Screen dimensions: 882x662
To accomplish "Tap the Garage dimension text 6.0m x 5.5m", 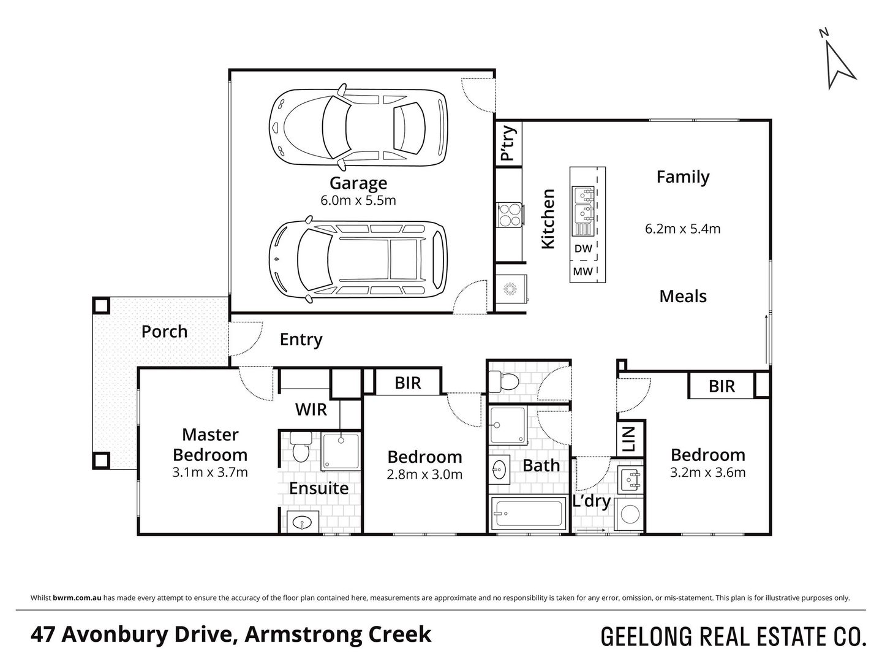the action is pos(358,200).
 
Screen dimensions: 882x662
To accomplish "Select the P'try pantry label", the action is pos(508,143).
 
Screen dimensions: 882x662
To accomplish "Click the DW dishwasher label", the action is pos(583,248).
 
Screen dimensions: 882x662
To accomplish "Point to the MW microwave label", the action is pos(582,272).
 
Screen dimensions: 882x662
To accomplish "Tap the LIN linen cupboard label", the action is pos(628,438).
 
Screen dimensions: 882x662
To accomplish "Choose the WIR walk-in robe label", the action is pos(311,409).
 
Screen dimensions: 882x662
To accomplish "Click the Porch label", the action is pos(164,332).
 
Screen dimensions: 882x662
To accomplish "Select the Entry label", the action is pos(301,340).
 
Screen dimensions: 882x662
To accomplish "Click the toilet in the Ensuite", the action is pos(301,447).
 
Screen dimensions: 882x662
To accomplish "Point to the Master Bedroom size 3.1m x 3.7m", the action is pos(209,472).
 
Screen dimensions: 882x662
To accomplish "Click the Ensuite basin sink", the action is pos(303,522).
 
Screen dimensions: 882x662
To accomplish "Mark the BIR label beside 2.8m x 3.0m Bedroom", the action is pos(408,384).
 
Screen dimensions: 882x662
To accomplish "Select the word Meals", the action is pos(683,297).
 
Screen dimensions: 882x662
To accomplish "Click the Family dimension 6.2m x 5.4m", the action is pos(683,229).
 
